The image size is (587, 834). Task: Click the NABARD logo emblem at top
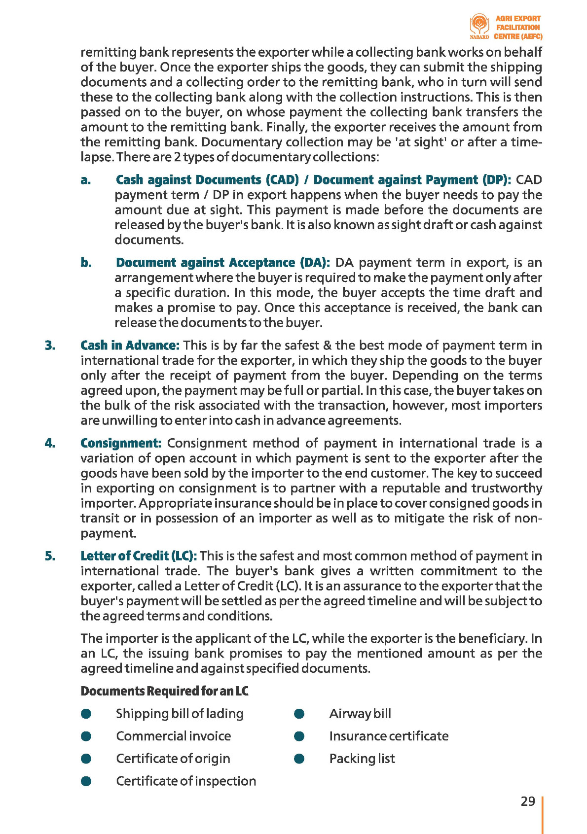(x=479, y=25)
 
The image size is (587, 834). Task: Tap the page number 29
(x=528, y=801)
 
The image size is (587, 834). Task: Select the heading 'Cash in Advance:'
(x=130, y=346)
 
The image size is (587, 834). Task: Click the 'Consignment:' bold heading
(x=121, y=443)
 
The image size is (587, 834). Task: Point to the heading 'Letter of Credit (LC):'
(x=139, y=556)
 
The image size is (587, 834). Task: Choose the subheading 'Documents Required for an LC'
(x=164, y=691)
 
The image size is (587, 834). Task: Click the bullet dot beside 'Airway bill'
(x=299, y=714)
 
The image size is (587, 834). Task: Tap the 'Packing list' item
(x=362, y=759)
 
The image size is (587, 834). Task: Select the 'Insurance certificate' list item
(x=389, y=736)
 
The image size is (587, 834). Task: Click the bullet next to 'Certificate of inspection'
(x=86, y=781)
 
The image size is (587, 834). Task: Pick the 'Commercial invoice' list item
(x=173, y=736)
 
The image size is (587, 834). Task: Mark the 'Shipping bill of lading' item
(x=180, y=714)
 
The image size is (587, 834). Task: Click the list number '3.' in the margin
(x=50, y=346)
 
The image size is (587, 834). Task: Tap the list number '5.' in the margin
(x=50, y=556)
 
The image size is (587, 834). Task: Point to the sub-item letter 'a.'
(x=86, y=180)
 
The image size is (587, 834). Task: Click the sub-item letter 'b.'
(x=86, y=263)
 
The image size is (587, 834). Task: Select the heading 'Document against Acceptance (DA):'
(x=223, y=263)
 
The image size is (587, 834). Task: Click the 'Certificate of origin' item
(x=173, y=759)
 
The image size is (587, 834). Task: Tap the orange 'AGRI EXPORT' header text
(x=518, y=18)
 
